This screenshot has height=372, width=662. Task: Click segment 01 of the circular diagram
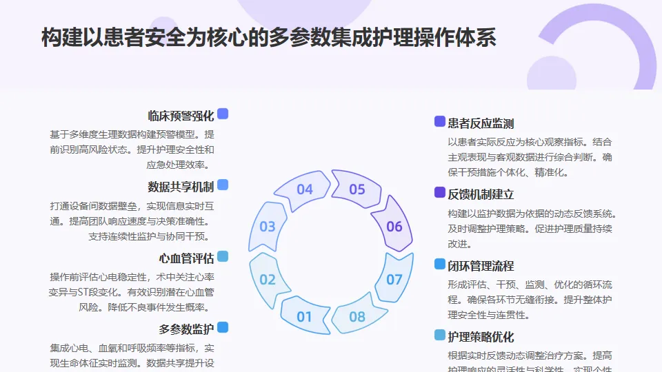(x=304, y=317)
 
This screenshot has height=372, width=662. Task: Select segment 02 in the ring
(x=268, y=279)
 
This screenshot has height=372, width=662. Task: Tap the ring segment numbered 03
(x=268, y=226)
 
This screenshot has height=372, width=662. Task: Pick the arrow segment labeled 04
(x=305, y=189)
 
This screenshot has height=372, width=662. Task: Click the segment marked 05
(x=357, y=189)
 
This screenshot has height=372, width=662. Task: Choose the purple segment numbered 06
(x=394, y=226)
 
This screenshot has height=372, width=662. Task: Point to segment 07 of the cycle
(x=394, y=279)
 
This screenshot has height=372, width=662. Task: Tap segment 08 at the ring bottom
(x=357, y=317)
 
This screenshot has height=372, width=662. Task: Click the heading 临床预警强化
(x=181, y=116)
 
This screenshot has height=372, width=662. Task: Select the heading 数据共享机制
(x=181, y=187)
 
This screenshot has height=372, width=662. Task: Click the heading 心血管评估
(x=186, y=259)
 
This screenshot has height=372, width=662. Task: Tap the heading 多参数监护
(x=186, y=329)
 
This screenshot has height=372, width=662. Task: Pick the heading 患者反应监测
(x=481, y=123)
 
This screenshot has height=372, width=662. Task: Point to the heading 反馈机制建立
(x=481, y=194)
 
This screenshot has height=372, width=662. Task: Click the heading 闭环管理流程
(x=481, y=266)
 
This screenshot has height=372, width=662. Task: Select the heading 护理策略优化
(x=481, y=337)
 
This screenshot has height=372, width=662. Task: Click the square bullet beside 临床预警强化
(x=223, y=114)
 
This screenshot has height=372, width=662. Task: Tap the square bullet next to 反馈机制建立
(x=439, y=193)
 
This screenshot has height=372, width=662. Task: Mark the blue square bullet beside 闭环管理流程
(x=439, y=265)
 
